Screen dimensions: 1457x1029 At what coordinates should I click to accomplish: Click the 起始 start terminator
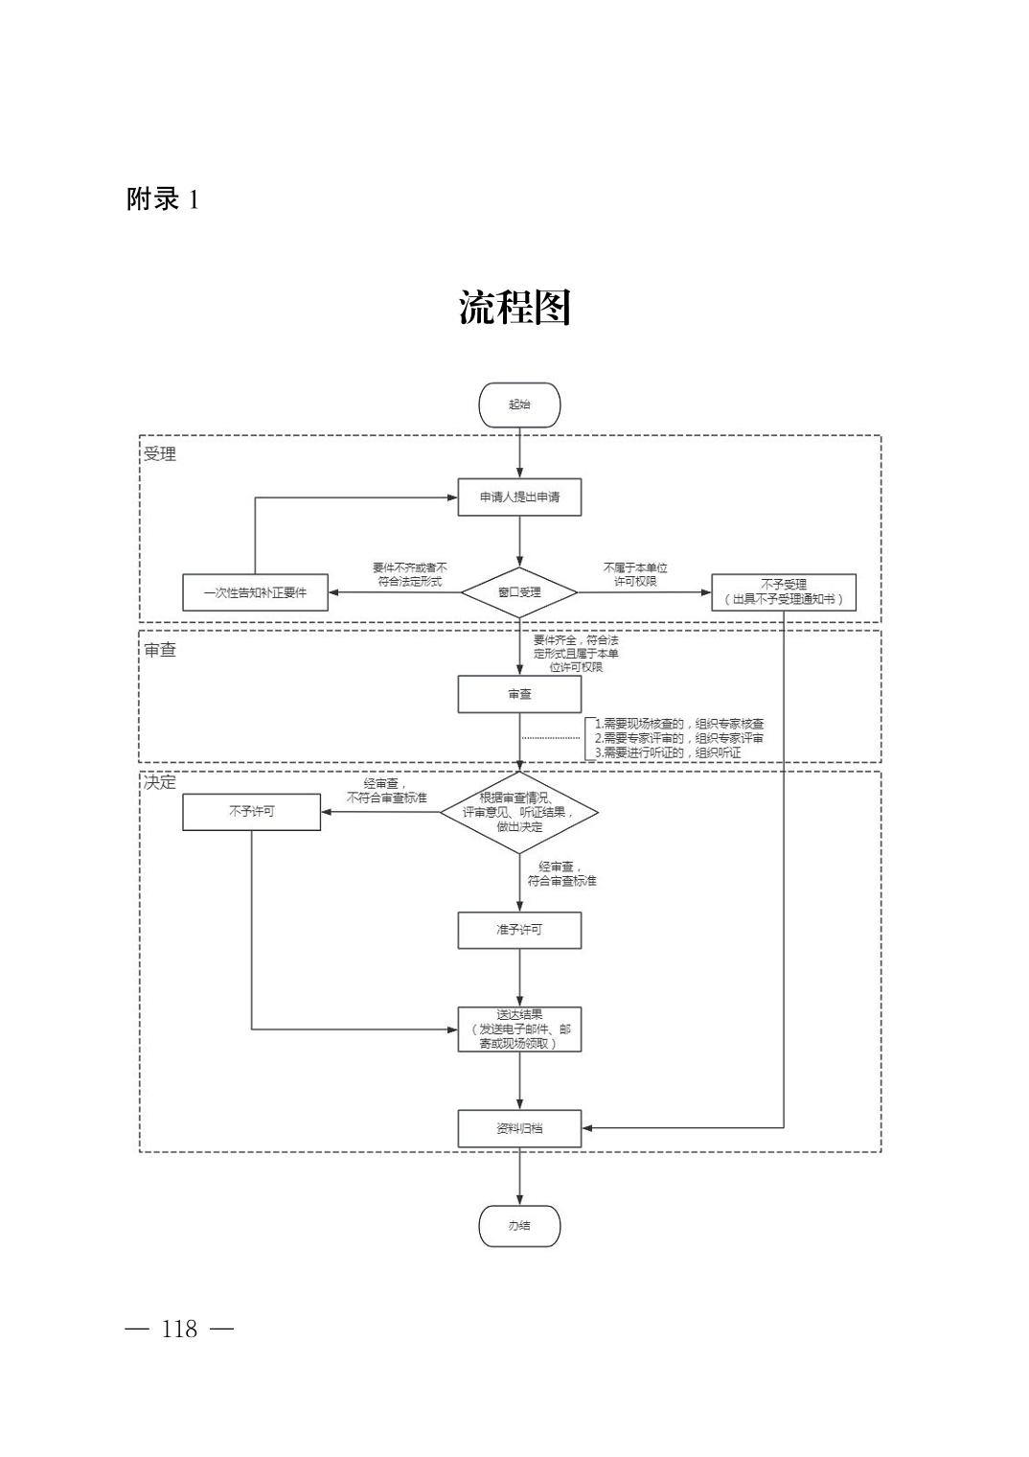[x=519, y=405]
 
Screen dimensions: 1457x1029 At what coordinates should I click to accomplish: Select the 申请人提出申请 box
[x=519, y=497]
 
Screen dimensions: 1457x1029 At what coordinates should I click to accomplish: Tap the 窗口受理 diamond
[x=519, y=592]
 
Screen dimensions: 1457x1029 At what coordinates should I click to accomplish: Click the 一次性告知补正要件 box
[x=255, y=592]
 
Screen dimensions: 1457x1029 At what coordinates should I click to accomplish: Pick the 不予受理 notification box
[x=783, y=592]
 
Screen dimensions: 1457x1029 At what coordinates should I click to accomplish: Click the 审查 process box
[x=519, y=694]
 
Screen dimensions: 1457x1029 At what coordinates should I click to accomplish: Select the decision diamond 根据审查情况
[x=519, y=812]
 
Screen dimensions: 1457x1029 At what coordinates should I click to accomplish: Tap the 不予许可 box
[x=251, y=811]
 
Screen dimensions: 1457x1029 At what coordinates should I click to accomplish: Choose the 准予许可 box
[x=519, y=930]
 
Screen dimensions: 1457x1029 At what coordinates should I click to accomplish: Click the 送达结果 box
[x=519, y=1029]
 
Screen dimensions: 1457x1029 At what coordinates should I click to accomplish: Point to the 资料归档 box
[x=519, y=1128]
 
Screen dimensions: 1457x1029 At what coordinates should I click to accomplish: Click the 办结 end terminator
[x=519, y=1226]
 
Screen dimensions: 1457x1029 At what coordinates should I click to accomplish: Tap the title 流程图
[x=514, y=308]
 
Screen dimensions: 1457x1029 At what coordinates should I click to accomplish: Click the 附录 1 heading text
[x=163, y=199]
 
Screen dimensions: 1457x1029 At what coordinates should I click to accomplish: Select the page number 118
[x=179, y=1329]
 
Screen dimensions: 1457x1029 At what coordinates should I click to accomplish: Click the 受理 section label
[x=160, y=454]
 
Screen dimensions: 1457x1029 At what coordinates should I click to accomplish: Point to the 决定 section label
[x=160, y=782]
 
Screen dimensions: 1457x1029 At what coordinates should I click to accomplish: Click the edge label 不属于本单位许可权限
[x=635, y=574]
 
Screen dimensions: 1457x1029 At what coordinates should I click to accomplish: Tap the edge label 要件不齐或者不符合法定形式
[x=409, y=574]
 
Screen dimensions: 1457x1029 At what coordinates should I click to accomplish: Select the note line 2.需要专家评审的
[x=679, y=738]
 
